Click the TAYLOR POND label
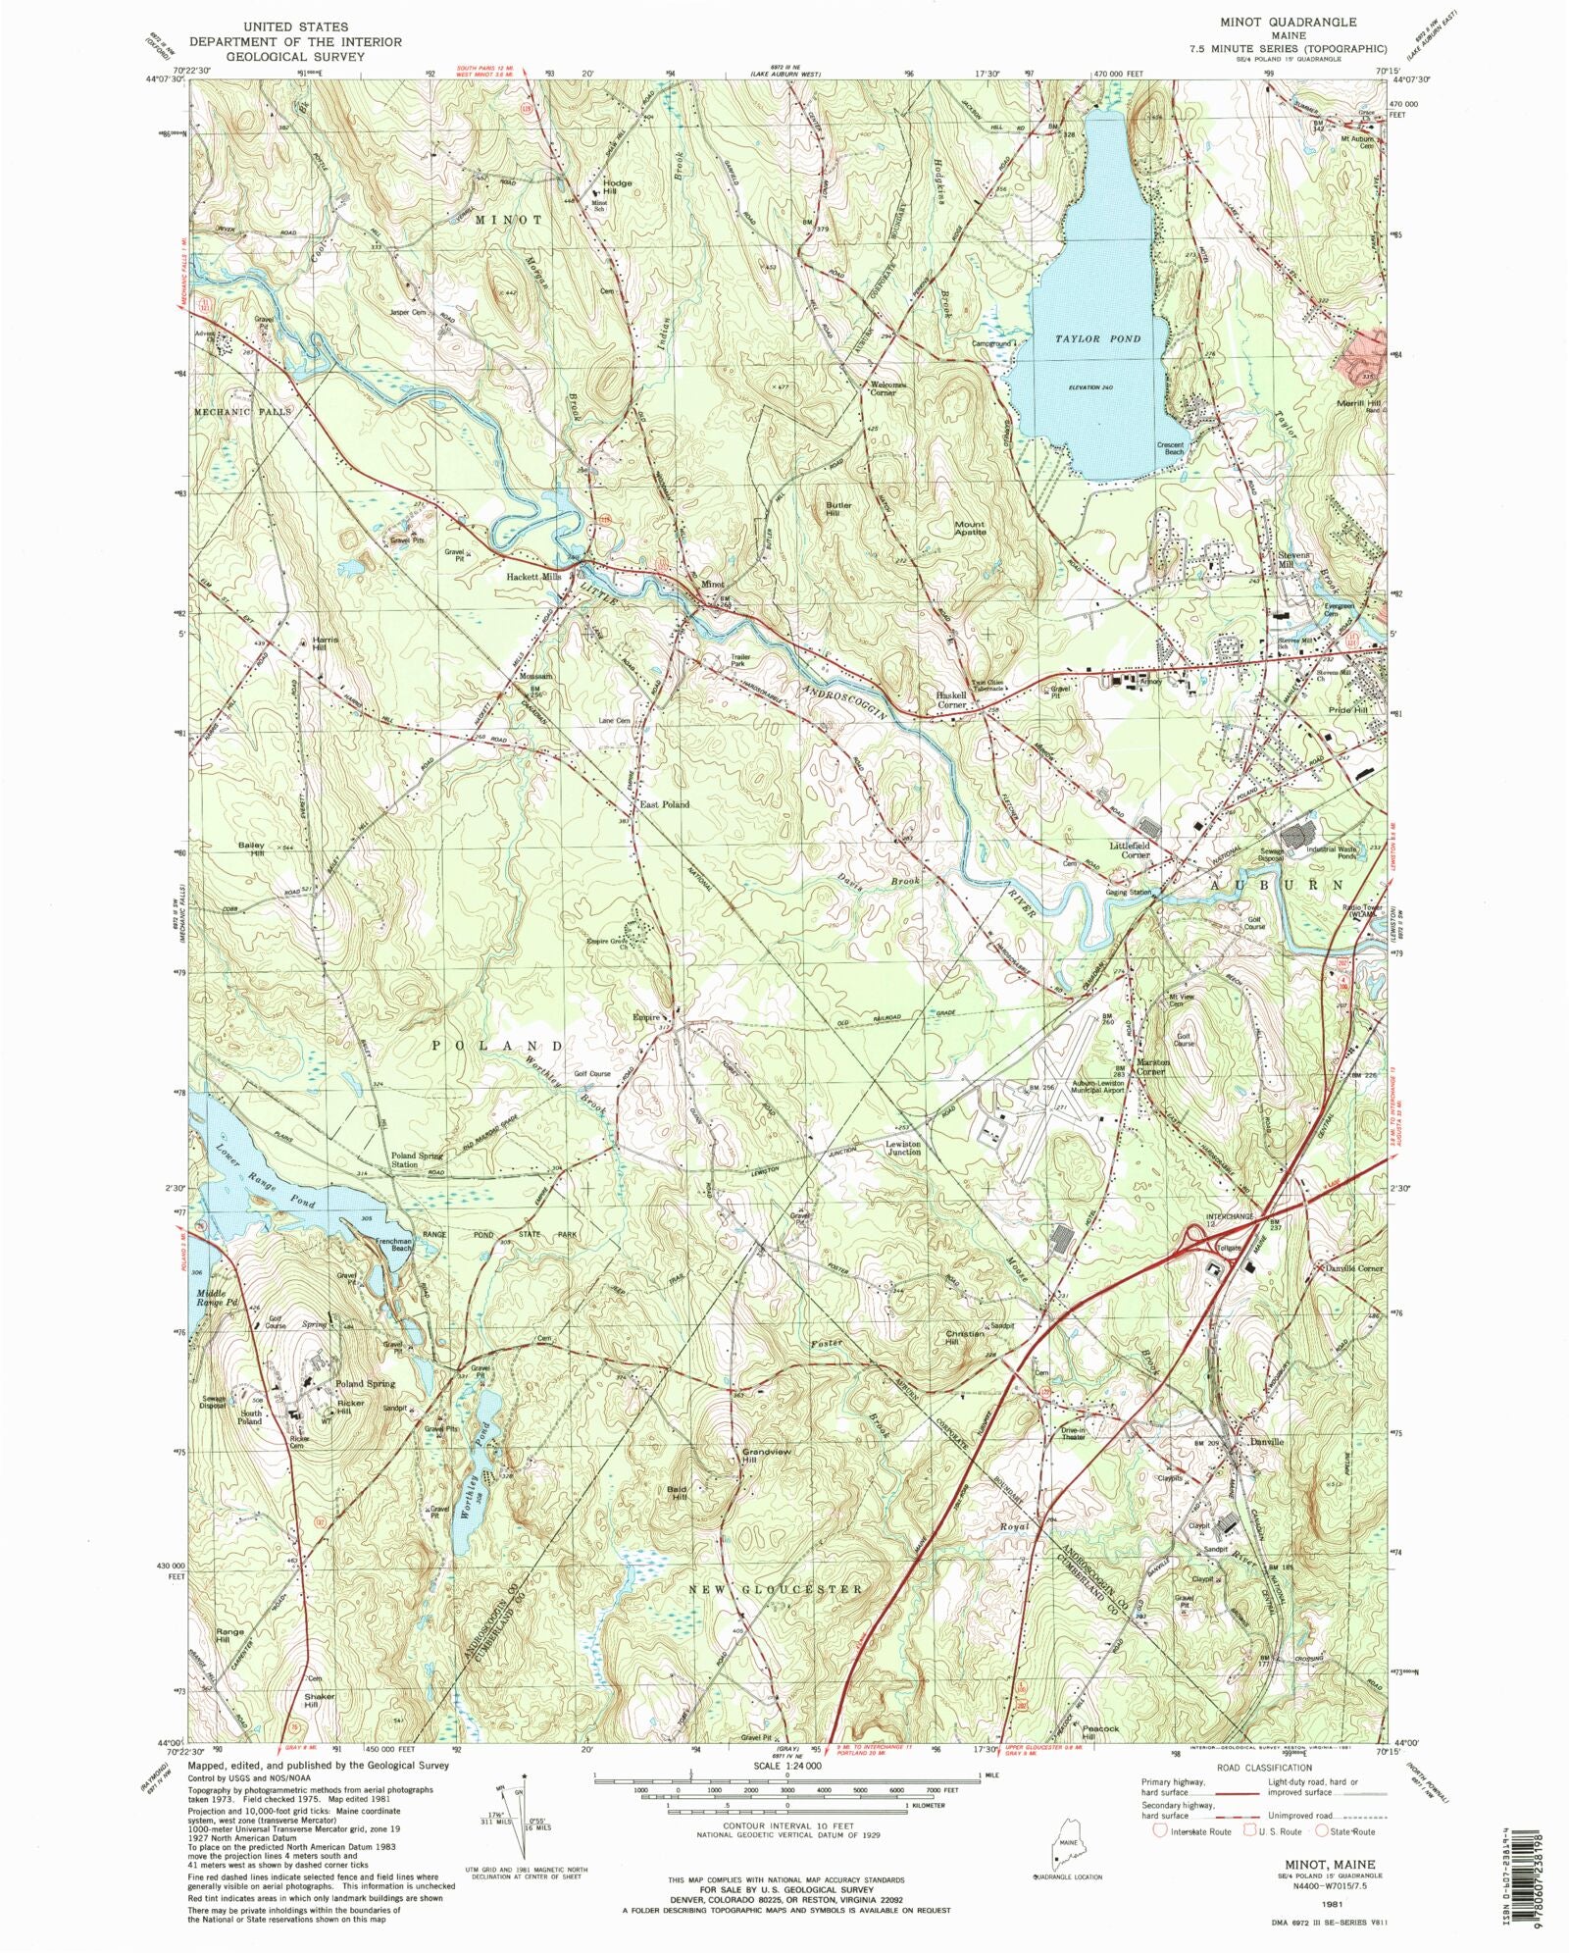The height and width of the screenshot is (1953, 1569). (1097, 338)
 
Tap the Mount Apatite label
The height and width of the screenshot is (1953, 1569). (970, 528)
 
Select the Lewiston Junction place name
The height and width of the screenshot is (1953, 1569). (903, 1148)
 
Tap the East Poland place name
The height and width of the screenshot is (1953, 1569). (664, 804)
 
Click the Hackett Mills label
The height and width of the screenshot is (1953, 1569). (533, 577)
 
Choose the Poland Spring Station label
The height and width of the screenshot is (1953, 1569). (418, 1160)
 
